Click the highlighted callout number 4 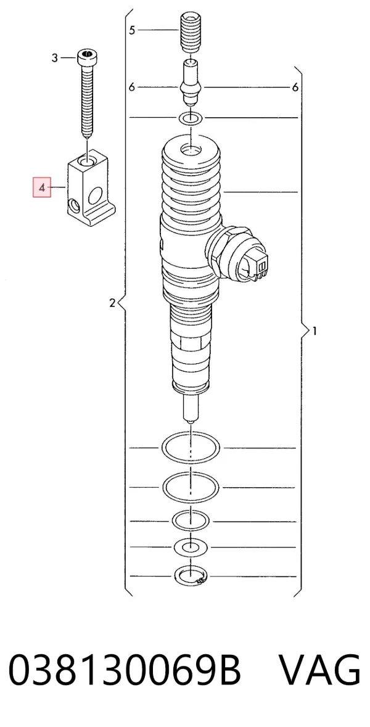[x=42, y=188]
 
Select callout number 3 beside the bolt [x=55, y=58]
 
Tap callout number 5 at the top [x=132, y=30]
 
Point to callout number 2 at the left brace [x=112, y=303]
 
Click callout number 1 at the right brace [x=314, y=331]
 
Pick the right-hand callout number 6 [x=295, y=87]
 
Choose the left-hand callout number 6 [x=132, y=87]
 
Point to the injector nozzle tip [x=191, y=408]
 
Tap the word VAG [x=319, y=671]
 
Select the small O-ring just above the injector [x=191, y=118]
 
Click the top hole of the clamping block [x=88, y=161]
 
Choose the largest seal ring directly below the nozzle [x=191, y=448]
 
